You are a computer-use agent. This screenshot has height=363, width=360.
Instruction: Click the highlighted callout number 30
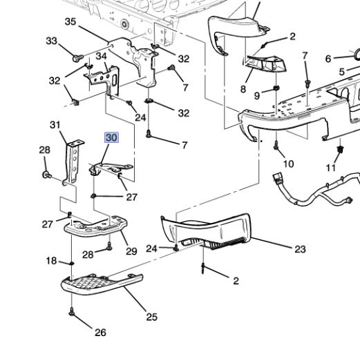111,138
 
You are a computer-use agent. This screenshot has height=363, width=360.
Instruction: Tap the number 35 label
70,22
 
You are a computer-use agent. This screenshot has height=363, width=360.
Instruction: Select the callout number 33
53,41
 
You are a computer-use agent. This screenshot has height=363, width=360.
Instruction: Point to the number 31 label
55,125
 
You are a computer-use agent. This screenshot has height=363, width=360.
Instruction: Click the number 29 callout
131,252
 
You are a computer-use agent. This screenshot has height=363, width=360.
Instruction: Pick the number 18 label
52,261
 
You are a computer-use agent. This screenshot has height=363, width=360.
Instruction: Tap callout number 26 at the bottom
100,333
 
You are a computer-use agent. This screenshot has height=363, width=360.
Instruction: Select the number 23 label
299,249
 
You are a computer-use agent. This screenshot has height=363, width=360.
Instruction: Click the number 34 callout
101,56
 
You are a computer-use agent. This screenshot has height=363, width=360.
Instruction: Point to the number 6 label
329,59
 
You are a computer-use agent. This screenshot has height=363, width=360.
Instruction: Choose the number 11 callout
330,168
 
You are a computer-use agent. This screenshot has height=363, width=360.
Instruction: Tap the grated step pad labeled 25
97,283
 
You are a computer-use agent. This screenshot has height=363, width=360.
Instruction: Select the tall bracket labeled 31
73,162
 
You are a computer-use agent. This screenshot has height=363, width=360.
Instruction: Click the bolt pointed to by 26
72,312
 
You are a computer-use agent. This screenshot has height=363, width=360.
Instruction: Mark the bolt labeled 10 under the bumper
276,146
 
